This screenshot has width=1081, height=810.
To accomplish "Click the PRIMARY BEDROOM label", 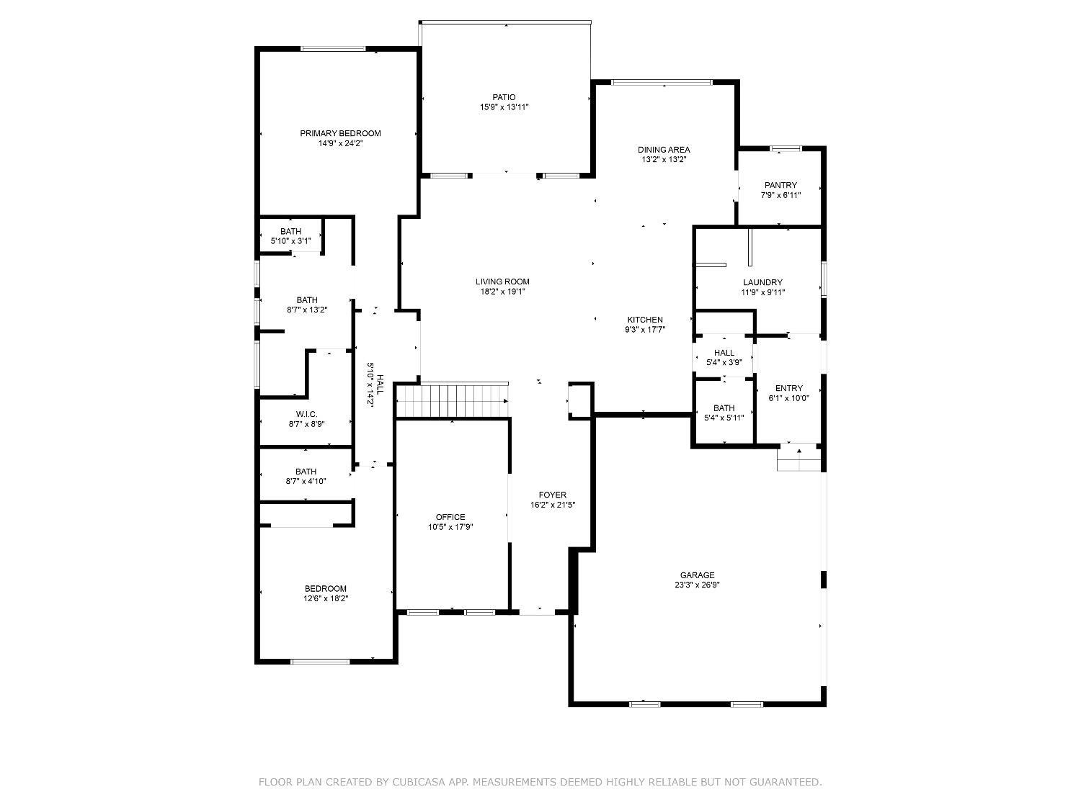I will pos(340,133).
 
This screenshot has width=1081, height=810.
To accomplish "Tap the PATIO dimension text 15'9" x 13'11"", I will pos(504,107).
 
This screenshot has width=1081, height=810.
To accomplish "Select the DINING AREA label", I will pos(664,150).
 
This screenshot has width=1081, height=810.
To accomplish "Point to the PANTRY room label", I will pos(780,185).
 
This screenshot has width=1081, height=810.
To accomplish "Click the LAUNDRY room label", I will pos(762,282).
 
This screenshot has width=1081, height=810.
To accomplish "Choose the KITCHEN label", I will pos(644,320).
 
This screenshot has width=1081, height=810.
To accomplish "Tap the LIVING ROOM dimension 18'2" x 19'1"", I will pos(502,292).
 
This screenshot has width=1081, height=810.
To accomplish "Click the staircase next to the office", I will pos(452,400).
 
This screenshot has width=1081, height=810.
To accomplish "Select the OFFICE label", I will pos(450,517).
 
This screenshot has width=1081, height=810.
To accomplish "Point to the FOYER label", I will pos(553,495).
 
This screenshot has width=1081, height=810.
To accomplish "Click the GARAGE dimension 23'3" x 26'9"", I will pos(697,585).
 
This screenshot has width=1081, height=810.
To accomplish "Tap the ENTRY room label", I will pos(788,388).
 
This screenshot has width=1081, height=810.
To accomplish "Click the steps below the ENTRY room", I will pos(798,458).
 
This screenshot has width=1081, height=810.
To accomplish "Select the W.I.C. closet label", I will pos(306,414).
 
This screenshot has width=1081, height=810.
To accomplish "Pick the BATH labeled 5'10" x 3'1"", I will pos(290,236).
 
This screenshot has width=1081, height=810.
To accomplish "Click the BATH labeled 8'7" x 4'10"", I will pos(306,476).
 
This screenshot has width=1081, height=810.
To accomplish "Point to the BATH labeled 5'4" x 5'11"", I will pos(724,413).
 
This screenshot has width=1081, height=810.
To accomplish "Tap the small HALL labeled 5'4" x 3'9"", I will pos(724,357).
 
